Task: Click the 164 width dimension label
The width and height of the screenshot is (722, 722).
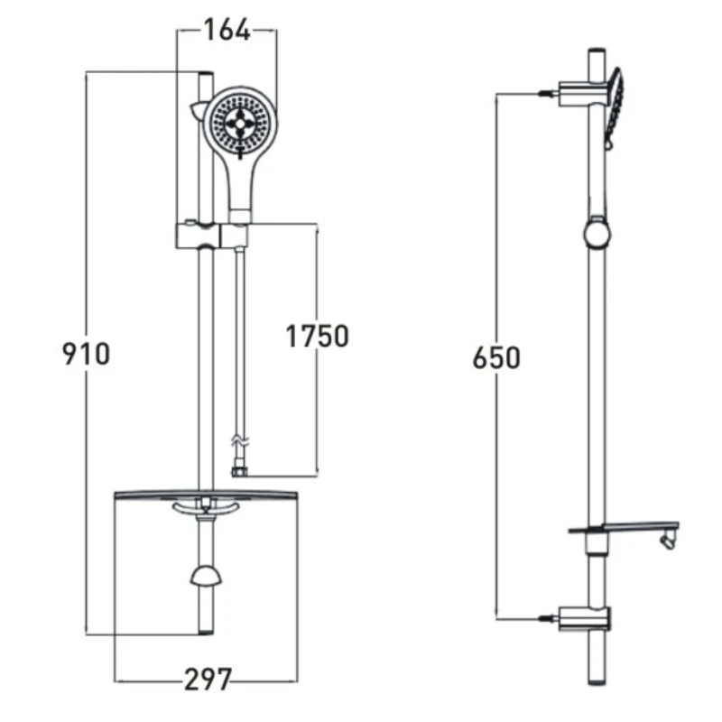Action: (x=226, y=30)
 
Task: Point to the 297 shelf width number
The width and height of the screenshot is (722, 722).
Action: (x=208, y=680)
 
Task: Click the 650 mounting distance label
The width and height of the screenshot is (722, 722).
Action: (x=496, y=357)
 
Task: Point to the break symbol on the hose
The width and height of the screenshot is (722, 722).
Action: (x=238, y=442)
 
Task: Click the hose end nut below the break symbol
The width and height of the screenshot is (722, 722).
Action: (x=238, y=470)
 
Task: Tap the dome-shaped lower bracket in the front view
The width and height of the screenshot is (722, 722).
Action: (x=206, y=579)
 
